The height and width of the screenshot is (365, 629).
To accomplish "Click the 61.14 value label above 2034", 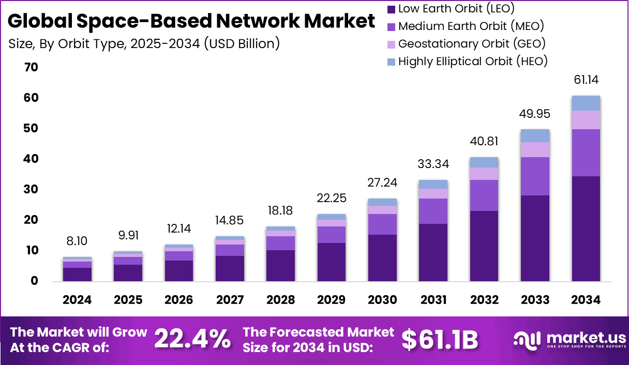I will (x=586, y=80).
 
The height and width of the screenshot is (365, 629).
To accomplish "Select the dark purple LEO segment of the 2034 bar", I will (x=586, y=229).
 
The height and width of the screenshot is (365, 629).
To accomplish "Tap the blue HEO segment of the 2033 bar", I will (x=535, y=135).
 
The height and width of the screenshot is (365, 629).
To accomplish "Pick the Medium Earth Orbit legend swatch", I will (x=391, y=26).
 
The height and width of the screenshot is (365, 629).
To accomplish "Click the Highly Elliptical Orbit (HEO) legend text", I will (x=473, y=61).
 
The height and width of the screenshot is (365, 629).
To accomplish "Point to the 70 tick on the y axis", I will (x=31, y=67).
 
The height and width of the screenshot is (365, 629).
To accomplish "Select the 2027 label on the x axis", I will (x=230, y=300).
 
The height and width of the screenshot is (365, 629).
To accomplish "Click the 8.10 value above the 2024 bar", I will (x=78, y=241).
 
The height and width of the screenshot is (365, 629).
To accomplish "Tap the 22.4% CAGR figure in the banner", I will (x=192, y=339).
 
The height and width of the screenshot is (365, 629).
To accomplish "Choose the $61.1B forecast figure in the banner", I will (x=440, y=339).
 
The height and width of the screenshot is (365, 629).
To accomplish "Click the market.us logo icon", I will (x=527, y=340).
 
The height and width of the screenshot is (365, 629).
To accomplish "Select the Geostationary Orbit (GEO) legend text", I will (x=472, y=43).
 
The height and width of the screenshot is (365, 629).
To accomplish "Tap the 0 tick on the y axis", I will (x=34, y=281).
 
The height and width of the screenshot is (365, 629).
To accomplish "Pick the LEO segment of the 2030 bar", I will (x=383, y=257).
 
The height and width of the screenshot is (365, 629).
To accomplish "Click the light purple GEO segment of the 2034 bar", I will (x=586, y=120).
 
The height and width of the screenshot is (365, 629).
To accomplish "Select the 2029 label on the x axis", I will (x=331, y=300).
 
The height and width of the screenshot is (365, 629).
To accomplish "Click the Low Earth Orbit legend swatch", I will (x=391, y=9).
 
